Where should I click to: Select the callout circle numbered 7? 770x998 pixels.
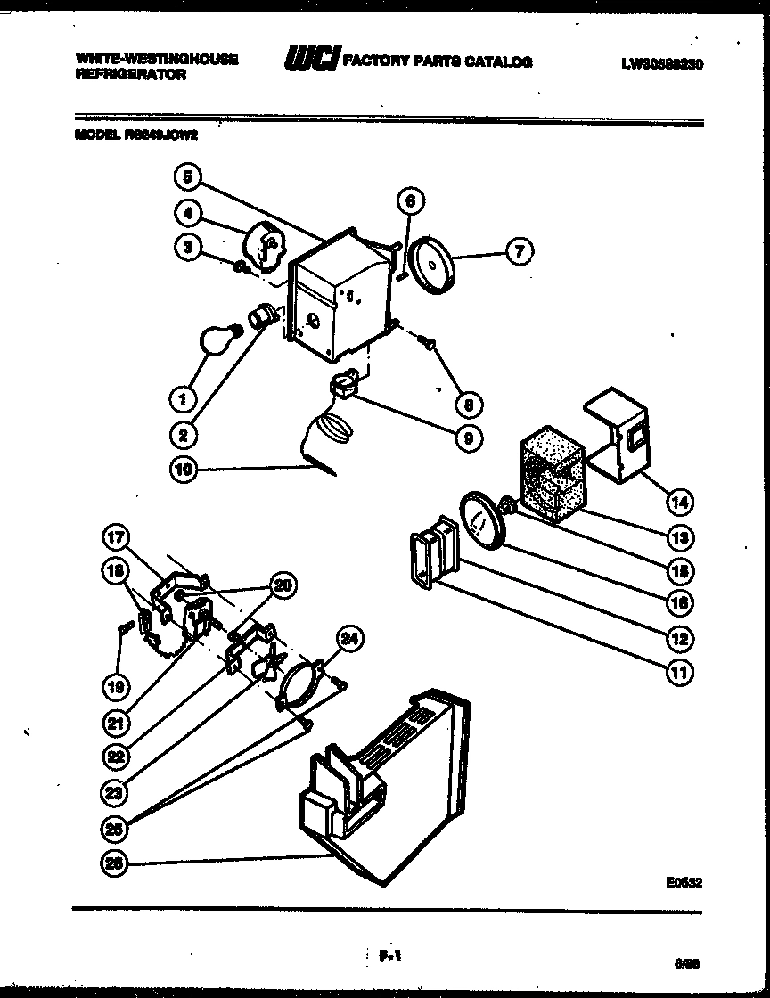click(520, 253)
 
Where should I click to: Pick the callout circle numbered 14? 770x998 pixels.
click(680, 502)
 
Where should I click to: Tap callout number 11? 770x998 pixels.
click(680, 672)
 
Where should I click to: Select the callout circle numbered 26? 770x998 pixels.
click(118, 863)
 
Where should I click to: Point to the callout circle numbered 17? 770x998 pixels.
click(118, 537)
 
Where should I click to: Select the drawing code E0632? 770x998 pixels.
click(683, 883)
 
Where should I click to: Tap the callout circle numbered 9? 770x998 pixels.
click(469, 438)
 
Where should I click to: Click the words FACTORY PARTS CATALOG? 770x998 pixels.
click(438, 61)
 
